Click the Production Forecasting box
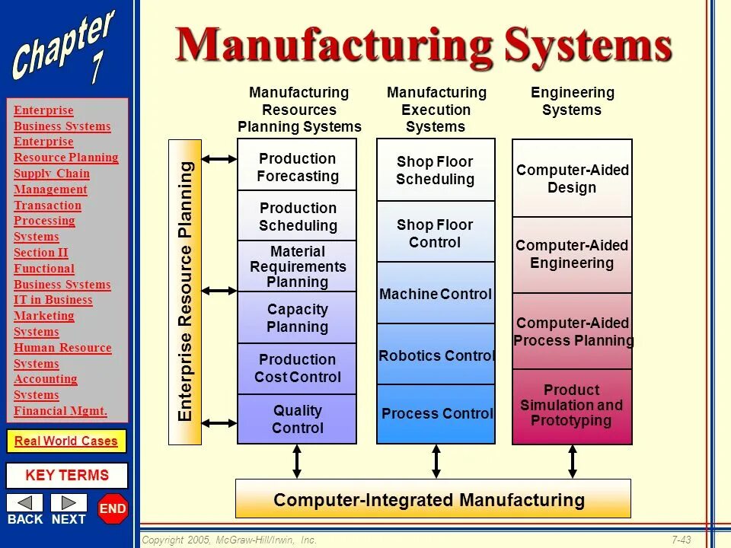(x=297, y=167)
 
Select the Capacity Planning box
(x=297, y=318)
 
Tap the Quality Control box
(x=297, y=419)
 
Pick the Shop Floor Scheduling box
(x=436, y=170)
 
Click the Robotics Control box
(x=436, y=355)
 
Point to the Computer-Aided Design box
(x=572, y=179)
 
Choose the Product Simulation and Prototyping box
(x=572, y=406)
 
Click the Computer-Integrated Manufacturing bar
(x=433, y=499)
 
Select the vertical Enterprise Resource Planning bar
(x=185, y=292)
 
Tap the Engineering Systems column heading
(x=572, y=101)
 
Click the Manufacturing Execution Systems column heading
(x=436, y=110)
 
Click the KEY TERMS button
(x=67, y=476)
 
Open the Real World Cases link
(x=66, y=441)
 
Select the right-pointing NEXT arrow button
(x=69, y=503)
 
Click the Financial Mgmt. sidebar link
(x=60, y=411)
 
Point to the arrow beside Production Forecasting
(x=220, y=159)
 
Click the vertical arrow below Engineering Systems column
(x=572, y=461)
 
